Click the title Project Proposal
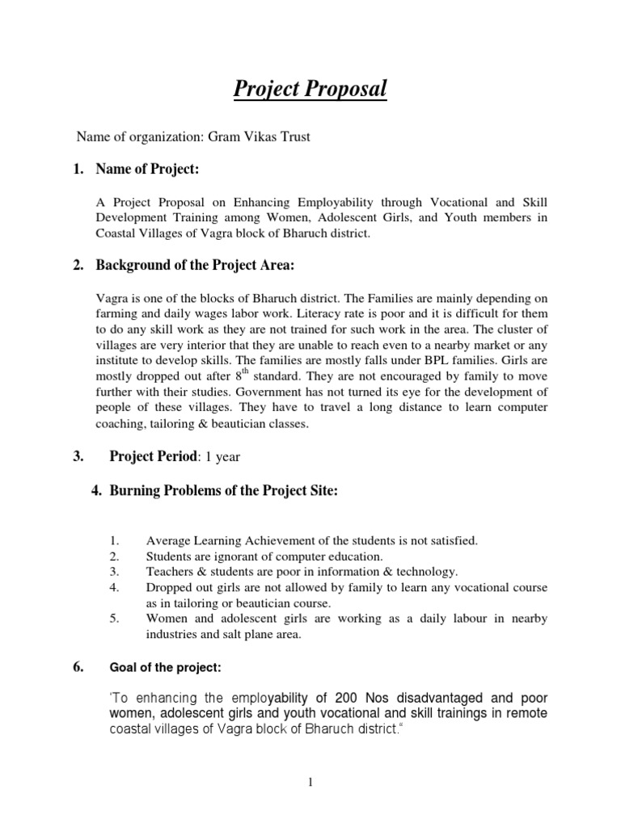click(310, 88)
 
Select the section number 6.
click(78, 667)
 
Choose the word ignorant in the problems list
click(226, 556)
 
